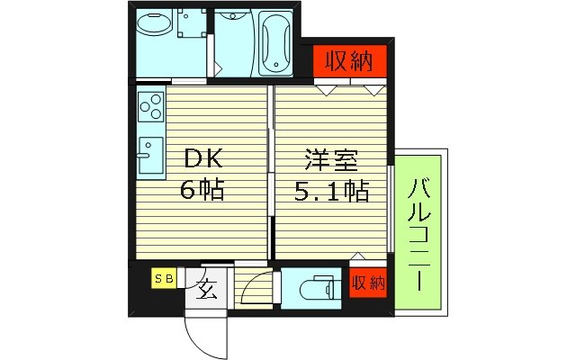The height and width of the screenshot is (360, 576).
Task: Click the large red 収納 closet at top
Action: tap(347, 62)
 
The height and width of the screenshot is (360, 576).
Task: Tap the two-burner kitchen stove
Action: tap(150, 107)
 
